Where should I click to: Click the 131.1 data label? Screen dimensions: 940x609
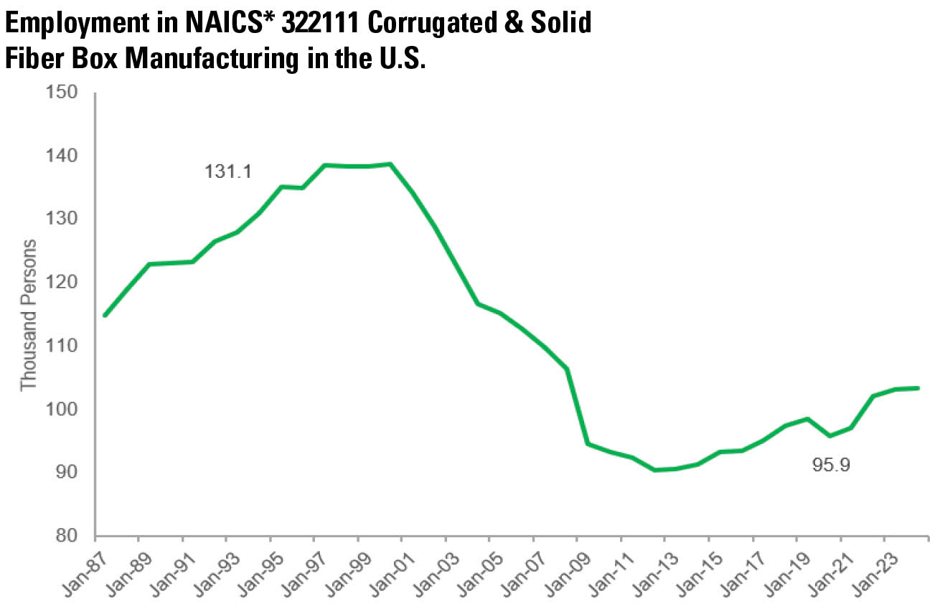coord(228,172)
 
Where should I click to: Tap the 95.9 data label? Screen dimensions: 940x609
coord(831,465)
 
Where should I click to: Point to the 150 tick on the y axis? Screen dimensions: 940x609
coord(62,92)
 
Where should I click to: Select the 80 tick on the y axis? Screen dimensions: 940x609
coord(67,536)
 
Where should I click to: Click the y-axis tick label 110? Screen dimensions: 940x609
coord(62,346)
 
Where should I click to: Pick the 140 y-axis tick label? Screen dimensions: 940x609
coord(62,156)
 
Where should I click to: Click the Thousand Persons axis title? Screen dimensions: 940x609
coord(29,315)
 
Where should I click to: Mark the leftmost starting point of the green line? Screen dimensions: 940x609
coord(105,316)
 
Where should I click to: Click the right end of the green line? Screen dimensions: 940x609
coord(918,388)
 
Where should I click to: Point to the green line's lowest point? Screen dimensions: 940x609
coord(654,470)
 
